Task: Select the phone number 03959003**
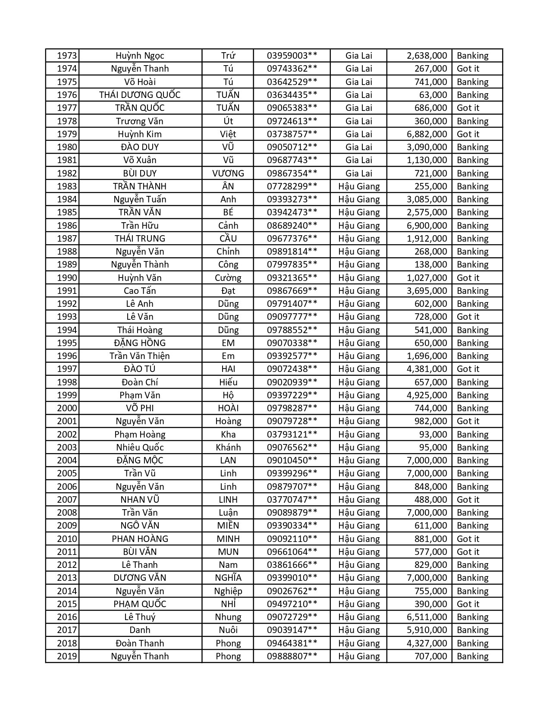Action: pyautogui.click(x=292, y=56)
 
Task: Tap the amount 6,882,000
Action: pyautogui.click(x=427, y=134)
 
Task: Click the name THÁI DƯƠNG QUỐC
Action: pyautogui.click(x=140, y=95)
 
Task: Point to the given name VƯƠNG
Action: pyautogui.click(x=228, y=173)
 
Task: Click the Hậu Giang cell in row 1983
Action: pyautogui.click(x=359, y=186)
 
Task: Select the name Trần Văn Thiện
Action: pyautogui.click(x=140, y=356)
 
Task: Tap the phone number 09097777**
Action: pyautogui.click(x=292, y=317)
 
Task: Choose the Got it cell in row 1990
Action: pyautogui.click(x=468, y=278)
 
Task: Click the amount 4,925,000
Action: pyautogui.click(x=427, y=395)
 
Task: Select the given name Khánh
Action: pyautogui.click(x=228, y=447)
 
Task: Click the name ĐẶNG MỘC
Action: pyautogui.click(x=140, y=460)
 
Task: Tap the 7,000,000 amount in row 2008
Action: pyautogui.click(x=427, y=513)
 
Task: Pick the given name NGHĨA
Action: pyautogui.click(x=228, y=578)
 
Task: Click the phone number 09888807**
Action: pyautogui.click(x=292, y=656)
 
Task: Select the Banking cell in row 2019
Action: pyautogui.click(x=472, y=656)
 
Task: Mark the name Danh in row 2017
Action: pyautogui.click(x=140, y=630)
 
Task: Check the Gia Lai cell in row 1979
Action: pyautogui.click(x=359, y=134)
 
